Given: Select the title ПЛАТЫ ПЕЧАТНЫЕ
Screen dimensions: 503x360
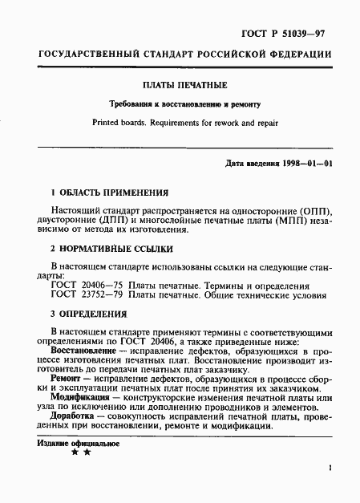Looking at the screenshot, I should coord(180,86).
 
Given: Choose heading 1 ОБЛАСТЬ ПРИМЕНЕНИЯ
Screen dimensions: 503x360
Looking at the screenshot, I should coord(109,193).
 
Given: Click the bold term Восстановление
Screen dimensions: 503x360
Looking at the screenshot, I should coord(86,351).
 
